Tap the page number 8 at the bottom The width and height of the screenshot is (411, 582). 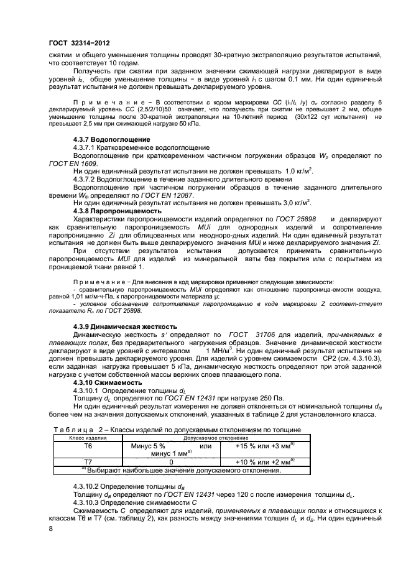point(50,529)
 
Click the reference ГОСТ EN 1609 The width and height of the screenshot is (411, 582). point(68,167)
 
